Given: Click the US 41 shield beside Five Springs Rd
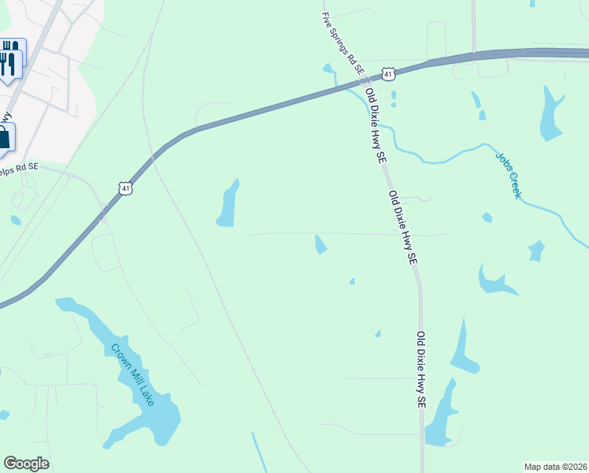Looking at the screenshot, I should [387, 74].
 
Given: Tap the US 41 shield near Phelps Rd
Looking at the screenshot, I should [125, 188].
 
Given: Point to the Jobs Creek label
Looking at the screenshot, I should [508, 174].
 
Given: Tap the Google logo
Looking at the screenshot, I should [26, 464].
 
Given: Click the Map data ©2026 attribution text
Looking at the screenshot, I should [555, 467].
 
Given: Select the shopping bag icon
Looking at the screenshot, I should [5, 138].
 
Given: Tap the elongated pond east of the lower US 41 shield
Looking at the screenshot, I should [228, 204].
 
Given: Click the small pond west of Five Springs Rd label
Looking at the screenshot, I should [328, 68].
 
